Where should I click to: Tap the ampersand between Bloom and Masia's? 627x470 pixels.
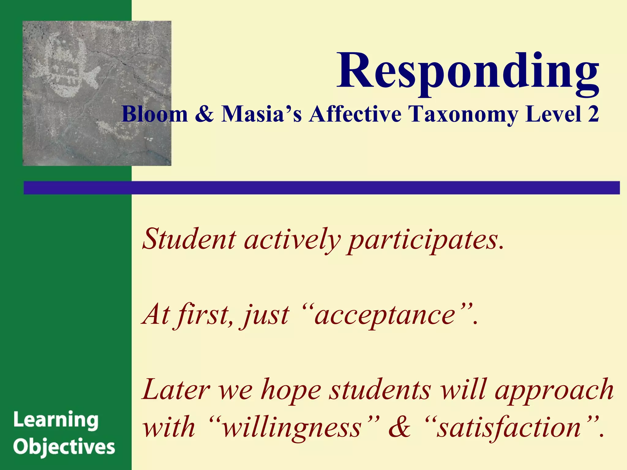tap(205, 114)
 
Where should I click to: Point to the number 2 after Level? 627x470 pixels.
tap(593, 114)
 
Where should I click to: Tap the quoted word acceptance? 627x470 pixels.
tap(385, 315)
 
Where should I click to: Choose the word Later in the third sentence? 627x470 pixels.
tap(176, 390)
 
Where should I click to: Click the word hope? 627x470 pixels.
tap(291, 391)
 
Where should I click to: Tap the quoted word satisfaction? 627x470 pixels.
tap(509, 427)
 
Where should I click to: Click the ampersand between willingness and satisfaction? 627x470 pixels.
tap(400, 427)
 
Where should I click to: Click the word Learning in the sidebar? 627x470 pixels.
tap(56, 420)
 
